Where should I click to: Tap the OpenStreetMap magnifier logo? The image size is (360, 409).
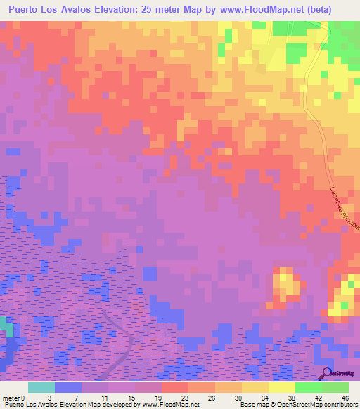(326, 373)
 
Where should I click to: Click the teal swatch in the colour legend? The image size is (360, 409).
(41, 387)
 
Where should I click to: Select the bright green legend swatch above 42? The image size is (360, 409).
(309, 387)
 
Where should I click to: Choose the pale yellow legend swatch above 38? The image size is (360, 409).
(282, 387)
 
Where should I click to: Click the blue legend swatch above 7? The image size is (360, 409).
(68, 387)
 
